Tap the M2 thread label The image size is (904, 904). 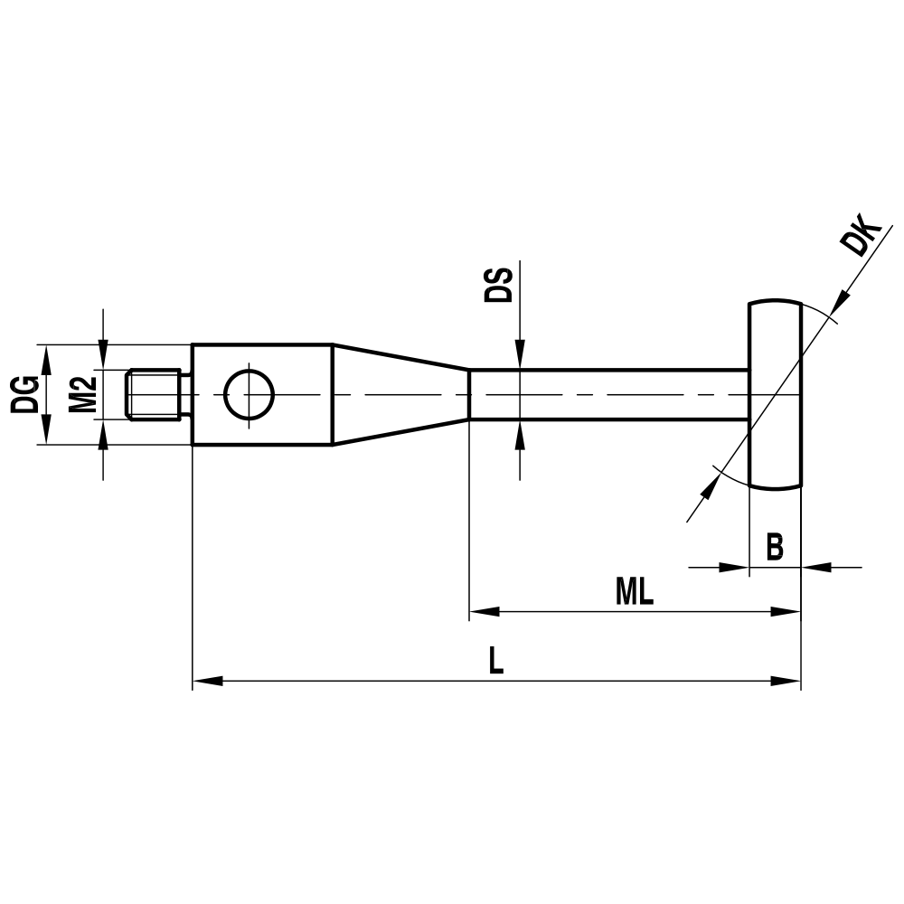tap(84, 394)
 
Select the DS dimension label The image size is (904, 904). tap(499, 285)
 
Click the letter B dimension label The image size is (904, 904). tap(775, 547)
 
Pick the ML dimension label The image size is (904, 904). tap(635, 592)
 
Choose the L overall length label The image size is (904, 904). tap(495, 662)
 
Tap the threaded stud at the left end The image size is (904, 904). tap(155, 394)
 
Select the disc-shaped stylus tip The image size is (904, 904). tap(775, 394)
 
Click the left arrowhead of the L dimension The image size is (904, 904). tap(207, 680)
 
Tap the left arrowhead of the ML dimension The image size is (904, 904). tap(483, 611)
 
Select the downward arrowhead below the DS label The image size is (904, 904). tap(520, 356)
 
